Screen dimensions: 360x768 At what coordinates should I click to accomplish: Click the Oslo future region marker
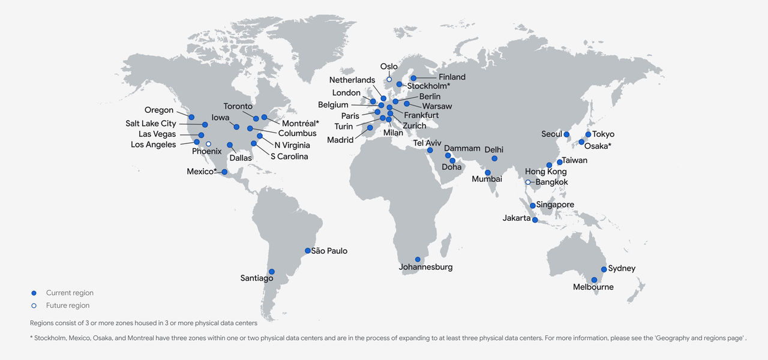[389, 79]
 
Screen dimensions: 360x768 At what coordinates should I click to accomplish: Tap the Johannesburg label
[426, 267]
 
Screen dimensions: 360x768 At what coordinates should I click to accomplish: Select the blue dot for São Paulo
[308, 251]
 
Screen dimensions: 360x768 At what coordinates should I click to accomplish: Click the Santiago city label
[257, 278]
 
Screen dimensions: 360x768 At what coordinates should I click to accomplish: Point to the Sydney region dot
[604, 269]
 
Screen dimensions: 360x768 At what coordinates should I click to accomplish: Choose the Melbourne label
[593, 287]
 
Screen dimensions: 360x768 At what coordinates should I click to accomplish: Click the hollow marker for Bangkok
[528, 182]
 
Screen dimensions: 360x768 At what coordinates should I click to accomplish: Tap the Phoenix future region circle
[208, 144]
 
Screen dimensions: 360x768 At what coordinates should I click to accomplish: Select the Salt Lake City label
[151, 124]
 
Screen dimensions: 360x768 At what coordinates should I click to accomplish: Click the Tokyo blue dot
[588, 134]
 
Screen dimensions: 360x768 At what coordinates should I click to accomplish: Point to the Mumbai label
[487, 179]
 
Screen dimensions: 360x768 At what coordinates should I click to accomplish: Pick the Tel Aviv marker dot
[430, 150]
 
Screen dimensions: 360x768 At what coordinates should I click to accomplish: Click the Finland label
[452, 77]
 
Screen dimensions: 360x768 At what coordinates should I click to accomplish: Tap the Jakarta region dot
[535, 220]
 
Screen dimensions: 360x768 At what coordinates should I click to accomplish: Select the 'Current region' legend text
[70, 293]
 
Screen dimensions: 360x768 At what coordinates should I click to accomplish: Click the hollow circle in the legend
[34, 305]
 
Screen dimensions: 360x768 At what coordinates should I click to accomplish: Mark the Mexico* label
[201, 172]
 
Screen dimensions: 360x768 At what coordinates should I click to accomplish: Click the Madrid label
[340, 140]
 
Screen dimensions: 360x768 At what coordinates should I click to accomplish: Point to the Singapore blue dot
[532, 206]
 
